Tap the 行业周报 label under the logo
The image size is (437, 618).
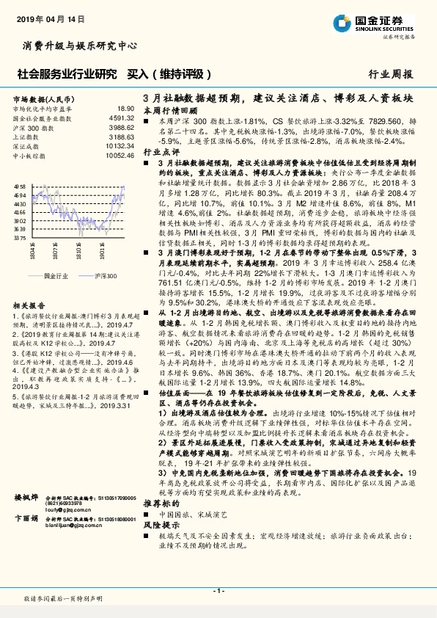tap(390, 74)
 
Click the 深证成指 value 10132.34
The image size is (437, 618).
tap(120, 146)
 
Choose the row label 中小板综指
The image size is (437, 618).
tap(29, 156)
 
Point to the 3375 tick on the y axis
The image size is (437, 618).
tap(20, 238)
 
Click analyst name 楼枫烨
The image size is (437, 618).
tap(26, 519)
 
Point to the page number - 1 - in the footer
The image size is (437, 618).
tap(218, 590)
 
